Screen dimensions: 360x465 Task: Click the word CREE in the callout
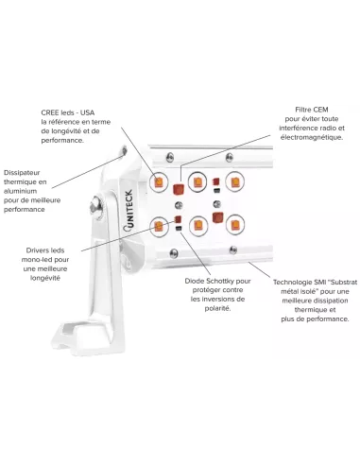click(50, 112)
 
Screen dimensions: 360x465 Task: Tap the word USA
click(87, 112)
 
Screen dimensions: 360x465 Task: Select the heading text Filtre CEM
click(312, 110)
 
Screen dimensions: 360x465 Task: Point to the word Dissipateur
click(22, 173)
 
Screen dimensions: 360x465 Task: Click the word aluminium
click(20, 191)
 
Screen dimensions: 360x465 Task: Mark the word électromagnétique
click(312, 137)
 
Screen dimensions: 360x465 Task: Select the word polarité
click(217, 308)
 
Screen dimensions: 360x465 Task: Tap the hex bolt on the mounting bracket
click(96, 207)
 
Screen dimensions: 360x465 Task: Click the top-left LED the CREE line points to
click(158, 182)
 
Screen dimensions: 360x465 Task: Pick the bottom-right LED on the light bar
click(235, 225)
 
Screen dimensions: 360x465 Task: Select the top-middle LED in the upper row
click(197, 181)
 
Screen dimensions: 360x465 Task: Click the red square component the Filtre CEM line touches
click(180, 189)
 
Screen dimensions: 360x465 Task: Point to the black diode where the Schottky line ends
click(179, 228)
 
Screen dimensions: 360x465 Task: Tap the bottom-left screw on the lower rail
click(174, 253)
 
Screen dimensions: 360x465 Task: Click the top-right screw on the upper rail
click(230, 157)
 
